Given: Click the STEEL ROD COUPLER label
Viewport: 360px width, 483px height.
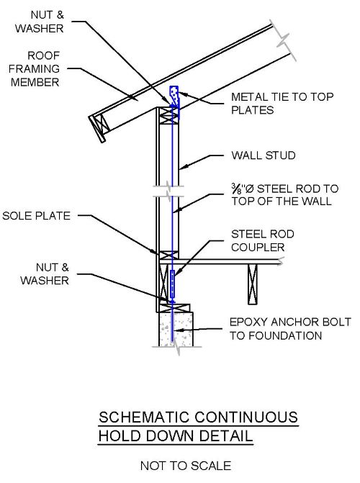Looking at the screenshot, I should (261, 240).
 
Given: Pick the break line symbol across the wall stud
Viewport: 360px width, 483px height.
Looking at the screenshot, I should (167, 192).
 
